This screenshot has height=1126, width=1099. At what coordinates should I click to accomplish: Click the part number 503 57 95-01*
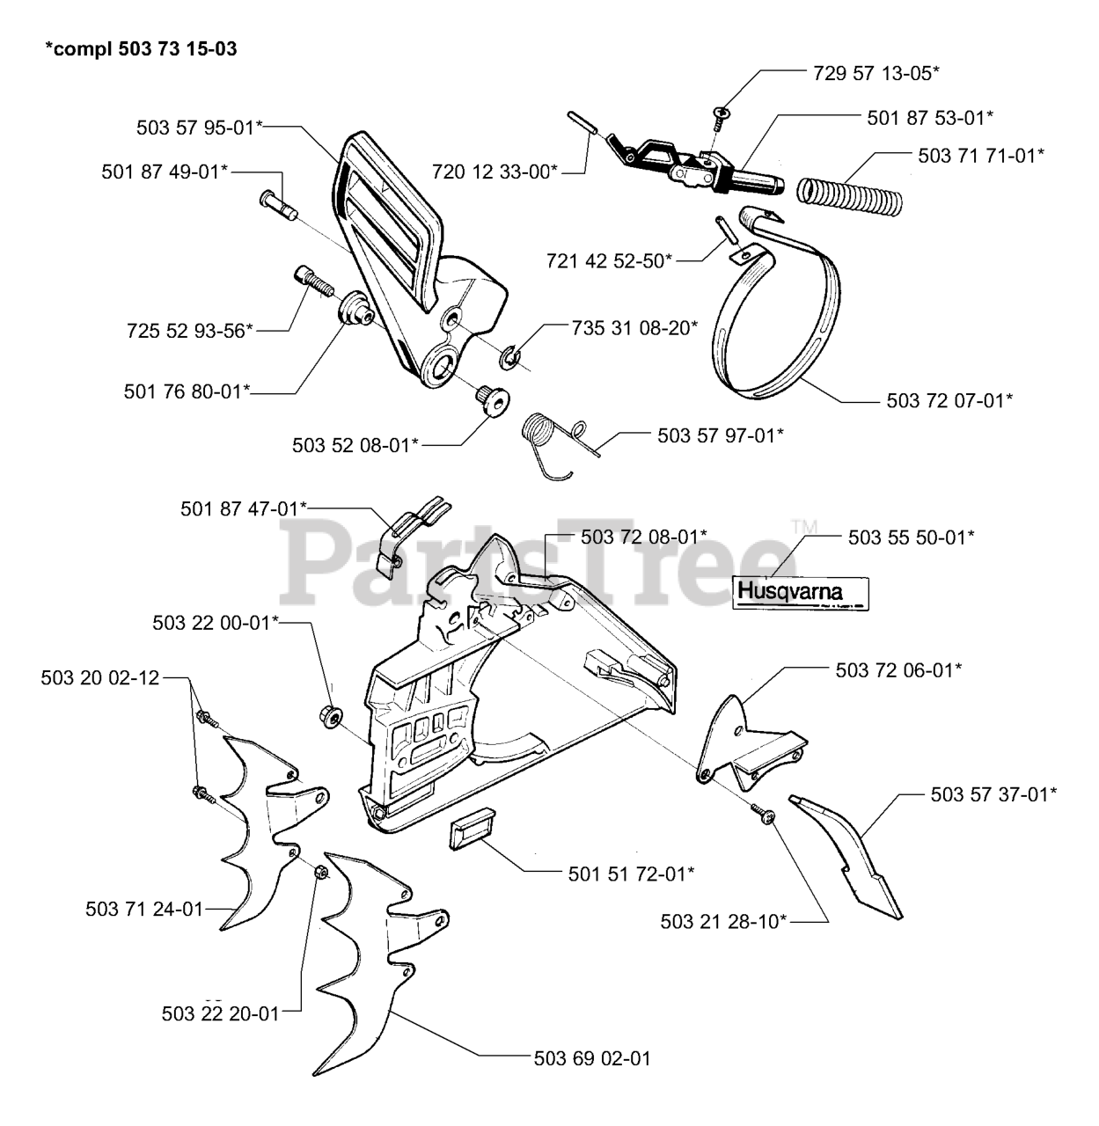click(200, 127)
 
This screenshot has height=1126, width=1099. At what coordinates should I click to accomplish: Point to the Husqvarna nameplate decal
click(800, 593)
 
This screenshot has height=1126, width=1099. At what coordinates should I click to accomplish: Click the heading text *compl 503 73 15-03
click(141, 48)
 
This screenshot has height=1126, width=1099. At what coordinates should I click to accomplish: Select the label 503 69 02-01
click(592, 1057)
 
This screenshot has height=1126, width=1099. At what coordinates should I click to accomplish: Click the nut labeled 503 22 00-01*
click(331, 717)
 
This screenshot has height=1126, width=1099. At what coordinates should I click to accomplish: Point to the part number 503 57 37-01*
click(993, 793)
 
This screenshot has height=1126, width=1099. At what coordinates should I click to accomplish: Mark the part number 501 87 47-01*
click(244, 508)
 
